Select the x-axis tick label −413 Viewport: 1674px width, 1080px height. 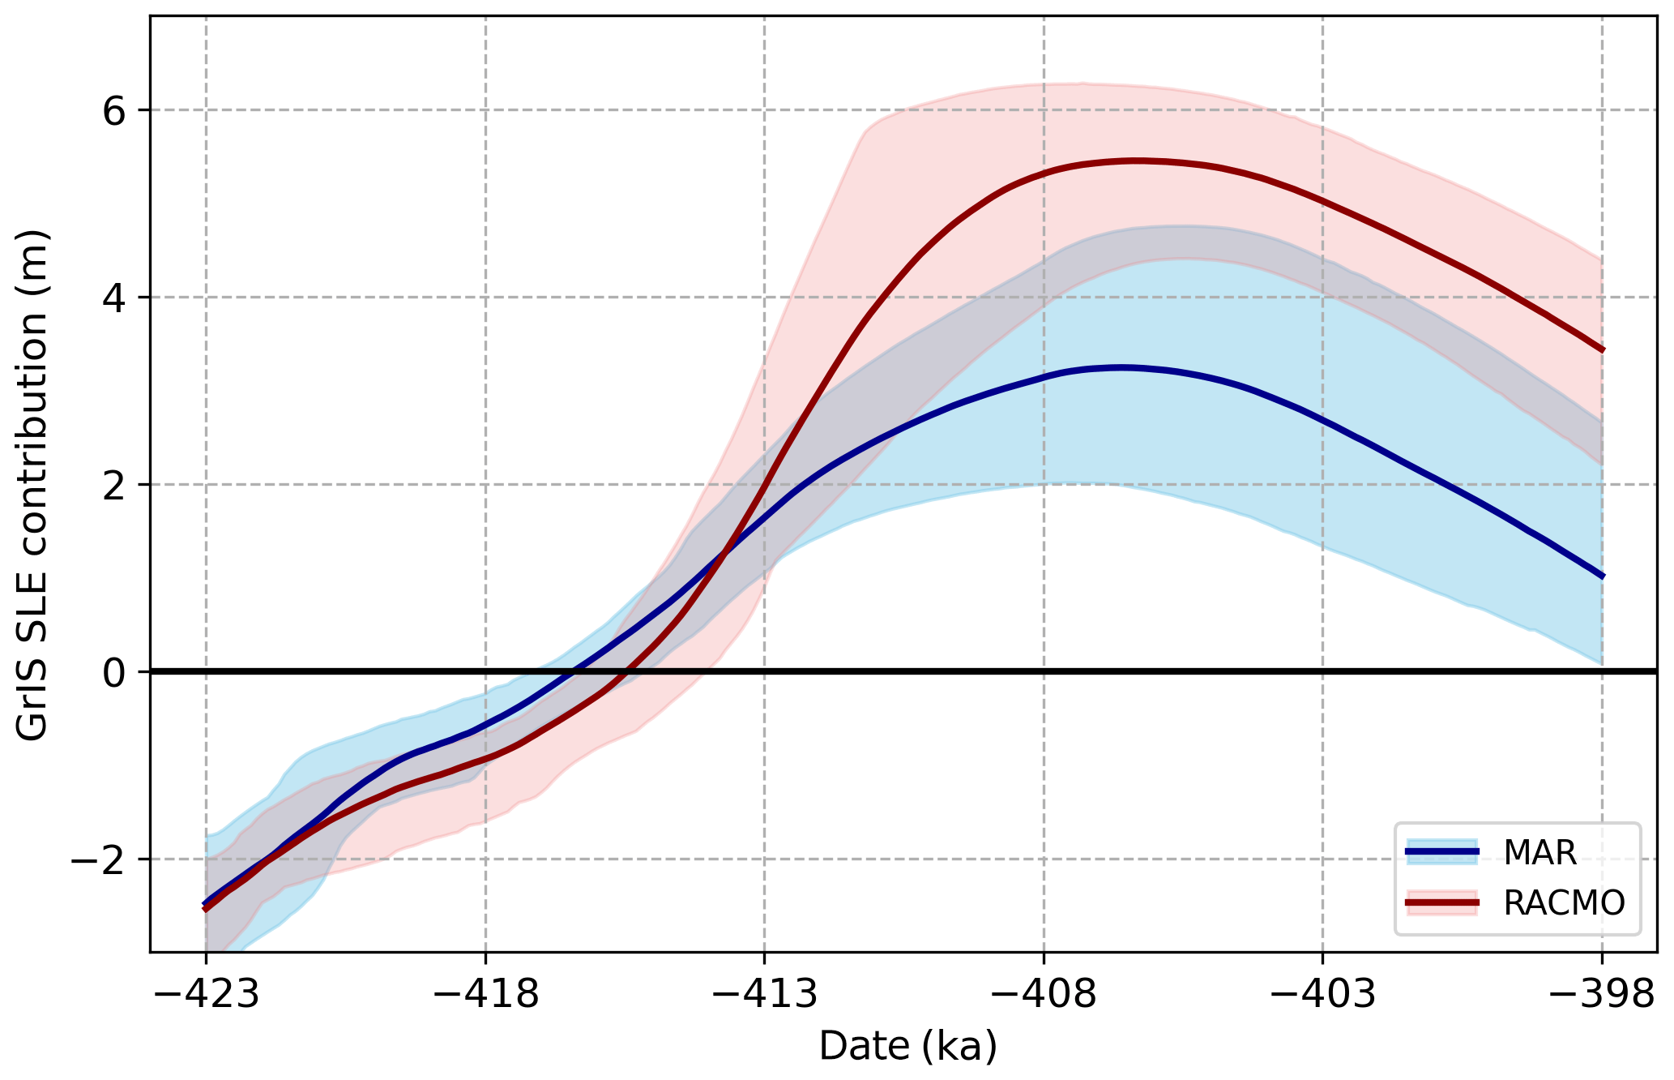pos(763,995)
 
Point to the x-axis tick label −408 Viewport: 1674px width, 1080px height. pos(1043,995)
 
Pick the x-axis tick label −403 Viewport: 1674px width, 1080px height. pos(1322,995)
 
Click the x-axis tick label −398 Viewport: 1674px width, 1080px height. pos(1601,995)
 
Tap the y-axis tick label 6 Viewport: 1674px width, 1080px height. pos(115,110)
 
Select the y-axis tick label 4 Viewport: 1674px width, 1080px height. pos(115,298)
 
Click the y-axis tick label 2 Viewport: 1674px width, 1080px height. pos(115,485)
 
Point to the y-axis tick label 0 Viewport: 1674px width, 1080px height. pos(115,672)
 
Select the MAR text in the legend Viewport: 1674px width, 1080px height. pos(1539,852)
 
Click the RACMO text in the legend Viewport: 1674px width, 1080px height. pos(1564,903)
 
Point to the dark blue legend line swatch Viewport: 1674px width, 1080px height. pos(1442,851)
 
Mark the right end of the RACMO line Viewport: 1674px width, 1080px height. pos(1602,350)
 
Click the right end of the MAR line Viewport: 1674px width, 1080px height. pos(1602,576)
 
